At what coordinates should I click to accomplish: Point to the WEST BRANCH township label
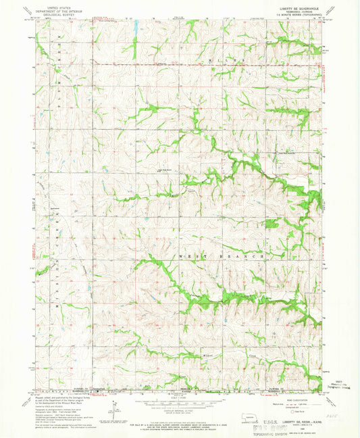click(229, 257)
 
